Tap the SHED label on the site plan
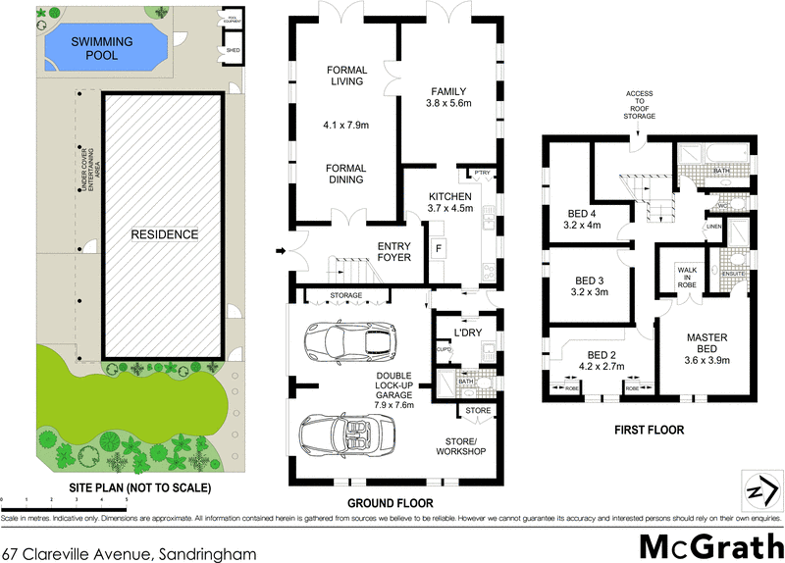click(234, 48)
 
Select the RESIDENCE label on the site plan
click(165, 234)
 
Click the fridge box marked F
click(438, 247)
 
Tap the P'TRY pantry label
click(482, 173)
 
